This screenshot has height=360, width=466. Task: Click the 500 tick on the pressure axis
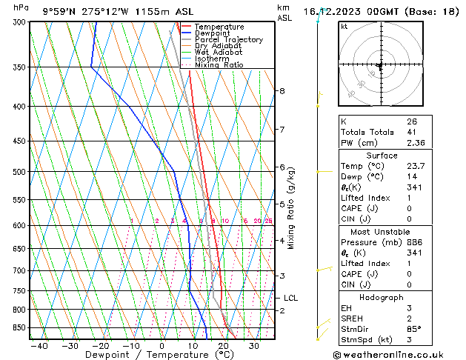tap(18, 172)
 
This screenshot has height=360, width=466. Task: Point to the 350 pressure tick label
tap(18, 67)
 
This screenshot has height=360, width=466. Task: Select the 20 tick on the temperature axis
tap(223, 345)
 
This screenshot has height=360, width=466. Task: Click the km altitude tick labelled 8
tap(282, 91)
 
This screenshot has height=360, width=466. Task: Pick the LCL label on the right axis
tap(290, 299)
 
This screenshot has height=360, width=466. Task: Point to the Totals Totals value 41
tap(412, 132)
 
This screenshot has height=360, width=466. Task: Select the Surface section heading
tap(382, 156)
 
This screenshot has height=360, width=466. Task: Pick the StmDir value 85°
tap(414, 329)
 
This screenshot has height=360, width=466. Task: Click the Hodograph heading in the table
tap(382, 296)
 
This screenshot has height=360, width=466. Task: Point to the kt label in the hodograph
tap(344, 26)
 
